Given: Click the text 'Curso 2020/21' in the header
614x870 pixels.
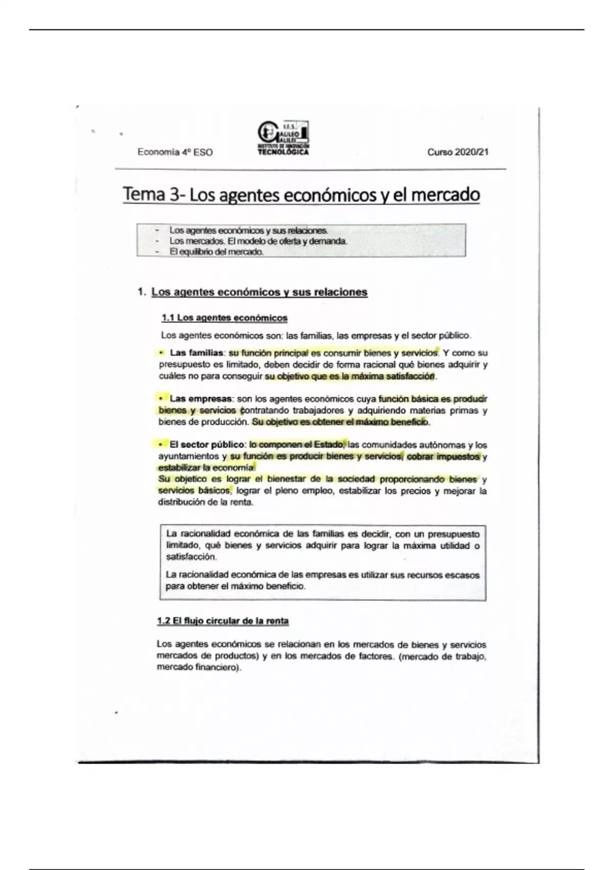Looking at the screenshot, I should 458,152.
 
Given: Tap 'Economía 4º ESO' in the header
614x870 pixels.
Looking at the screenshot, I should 175,152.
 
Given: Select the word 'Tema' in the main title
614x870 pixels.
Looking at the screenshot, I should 144,194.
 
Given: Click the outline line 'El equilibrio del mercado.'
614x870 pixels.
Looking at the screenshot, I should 216,252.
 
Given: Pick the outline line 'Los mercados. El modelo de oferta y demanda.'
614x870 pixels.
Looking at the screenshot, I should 258,241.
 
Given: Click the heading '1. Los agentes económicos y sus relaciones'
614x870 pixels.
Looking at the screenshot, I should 253,292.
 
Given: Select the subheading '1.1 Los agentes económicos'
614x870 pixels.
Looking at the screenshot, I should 225,318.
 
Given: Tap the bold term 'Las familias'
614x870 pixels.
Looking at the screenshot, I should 196,353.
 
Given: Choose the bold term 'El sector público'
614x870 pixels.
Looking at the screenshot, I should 207,444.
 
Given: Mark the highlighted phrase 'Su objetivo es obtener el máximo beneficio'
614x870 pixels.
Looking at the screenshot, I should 340,422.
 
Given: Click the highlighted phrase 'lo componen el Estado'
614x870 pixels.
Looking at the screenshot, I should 297,444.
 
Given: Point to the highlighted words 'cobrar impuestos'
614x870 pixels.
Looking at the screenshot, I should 443,456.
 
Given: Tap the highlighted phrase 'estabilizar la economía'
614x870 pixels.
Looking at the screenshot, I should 206,467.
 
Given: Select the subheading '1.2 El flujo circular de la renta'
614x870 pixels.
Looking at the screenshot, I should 223,621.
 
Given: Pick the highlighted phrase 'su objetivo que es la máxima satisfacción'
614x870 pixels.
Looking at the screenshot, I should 349,376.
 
